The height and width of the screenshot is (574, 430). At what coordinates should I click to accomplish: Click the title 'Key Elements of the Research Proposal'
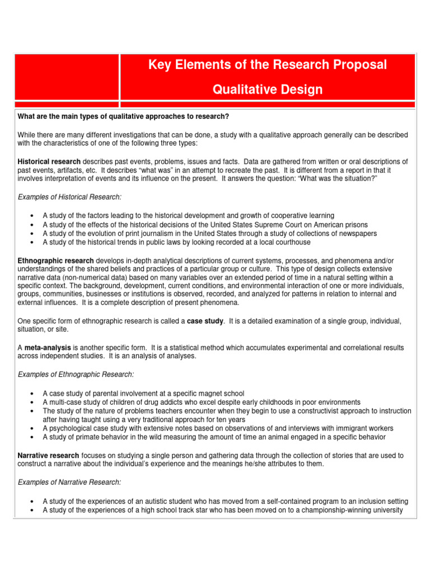267,65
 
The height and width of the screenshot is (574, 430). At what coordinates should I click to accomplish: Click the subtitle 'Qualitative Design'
267,90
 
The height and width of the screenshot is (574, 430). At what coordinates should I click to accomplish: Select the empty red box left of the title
67,77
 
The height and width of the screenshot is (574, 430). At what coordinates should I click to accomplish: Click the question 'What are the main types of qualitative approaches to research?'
124,116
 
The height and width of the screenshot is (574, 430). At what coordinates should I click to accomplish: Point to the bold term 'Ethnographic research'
56,261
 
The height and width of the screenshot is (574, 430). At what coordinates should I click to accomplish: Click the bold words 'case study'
205,321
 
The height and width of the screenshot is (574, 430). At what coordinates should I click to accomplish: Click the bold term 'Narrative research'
49,456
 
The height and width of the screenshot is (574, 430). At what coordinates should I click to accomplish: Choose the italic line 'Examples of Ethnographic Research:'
76,374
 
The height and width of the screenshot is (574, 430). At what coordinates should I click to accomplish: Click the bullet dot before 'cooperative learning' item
35,216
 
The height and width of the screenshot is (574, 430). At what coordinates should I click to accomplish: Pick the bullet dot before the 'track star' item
35,511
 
